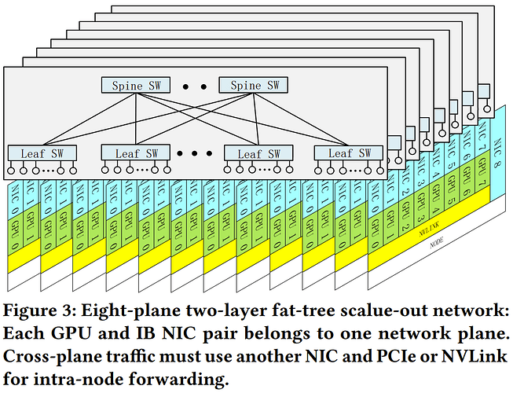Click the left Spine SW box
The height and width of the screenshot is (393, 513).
tap(130, 85)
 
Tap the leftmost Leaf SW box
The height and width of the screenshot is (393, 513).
tap(39, 152)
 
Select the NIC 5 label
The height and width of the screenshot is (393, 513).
tap(449, 167)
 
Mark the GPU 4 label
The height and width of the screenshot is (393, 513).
tap(431, 207)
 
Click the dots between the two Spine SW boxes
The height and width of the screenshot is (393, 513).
tap(188, 85)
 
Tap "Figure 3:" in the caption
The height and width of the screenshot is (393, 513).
tap(39, 305)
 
